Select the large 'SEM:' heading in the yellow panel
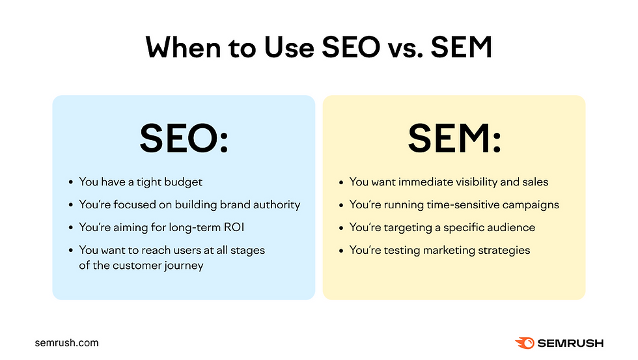pyautogui.click(x=454, y=138)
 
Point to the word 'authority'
pyautogui.click(x=274, y=204)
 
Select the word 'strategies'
pyautogui.click(x=503, y=250)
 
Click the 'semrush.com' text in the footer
pyautogui.click(x=66, y=342)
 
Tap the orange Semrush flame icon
pyautogui.click(x=525, y=342)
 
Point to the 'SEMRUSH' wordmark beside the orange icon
pyautogui.click(x=570, y=342)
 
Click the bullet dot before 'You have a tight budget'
pyautogui.click(x=71, y=182)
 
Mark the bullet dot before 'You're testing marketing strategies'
pyautogui.click(x=342, y=251)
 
